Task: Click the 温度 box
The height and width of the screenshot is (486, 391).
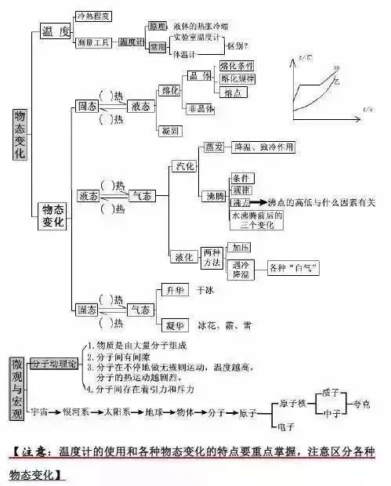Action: pyautogui.click(x=55, y=31)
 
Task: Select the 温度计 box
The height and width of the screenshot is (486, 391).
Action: pyautogui.click(x=132, y=42)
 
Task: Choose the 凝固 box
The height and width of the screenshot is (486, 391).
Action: pyautogui.click(x=169, y=130)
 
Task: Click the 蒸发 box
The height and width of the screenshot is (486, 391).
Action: pyautogui.click(x=214, y=147)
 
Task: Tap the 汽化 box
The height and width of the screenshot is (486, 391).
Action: pyautogui.click(x=185, y=166)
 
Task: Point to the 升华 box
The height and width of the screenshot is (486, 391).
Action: pyautogui.click(x=174, y=291)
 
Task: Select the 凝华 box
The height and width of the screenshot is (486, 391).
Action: pyautogui.click(x=174, y=324)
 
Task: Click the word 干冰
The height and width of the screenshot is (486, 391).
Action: pyautogui.click(x=206, y=291)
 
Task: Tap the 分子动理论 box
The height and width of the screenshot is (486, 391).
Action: pyautogui.click(x=54, y=364)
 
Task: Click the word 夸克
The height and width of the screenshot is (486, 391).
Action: pyautogui.click(x=372, y=404)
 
